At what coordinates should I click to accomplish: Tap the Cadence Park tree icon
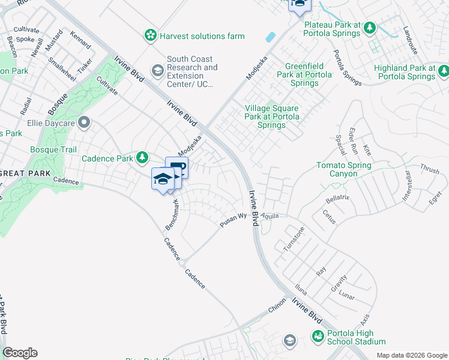coord(142,158)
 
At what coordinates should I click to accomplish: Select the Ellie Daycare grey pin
coord(84,124)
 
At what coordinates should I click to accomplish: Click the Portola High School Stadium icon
coord(318,337)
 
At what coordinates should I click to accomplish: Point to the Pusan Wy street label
coord(234,220)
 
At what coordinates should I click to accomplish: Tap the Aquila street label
coord(270,215)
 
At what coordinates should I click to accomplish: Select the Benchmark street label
coord(172,215)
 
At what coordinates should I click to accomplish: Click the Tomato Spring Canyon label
coord(343,169)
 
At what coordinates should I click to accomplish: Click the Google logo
coord(20,353)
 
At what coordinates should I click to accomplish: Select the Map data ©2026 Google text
coord(411,355)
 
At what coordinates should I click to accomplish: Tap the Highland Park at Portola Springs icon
coord(443,73)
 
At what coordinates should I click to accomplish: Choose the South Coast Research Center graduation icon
coord(157,72)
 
